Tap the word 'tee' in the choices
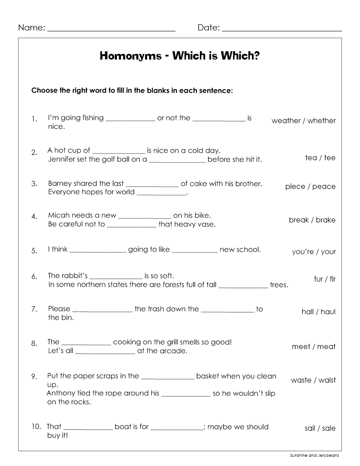click(x=330, y=158)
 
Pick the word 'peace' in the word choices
click(x=324, y=186)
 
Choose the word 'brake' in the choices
click(x=326, y=220)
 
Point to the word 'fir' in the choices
click(x=332, y=279)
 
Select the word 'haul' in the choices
click(x=328, y=312)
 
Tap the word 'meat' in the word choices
click(x=326, y=346)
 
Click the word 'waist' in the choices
click(x=327, y=380)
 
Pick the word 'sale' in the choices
click(x=329, y=428)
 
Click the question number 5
click(x=34, y=251)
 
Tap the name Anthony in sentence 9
click(x=60, y=393)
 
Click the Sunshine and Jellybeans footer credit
click(x=315, y=455)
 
